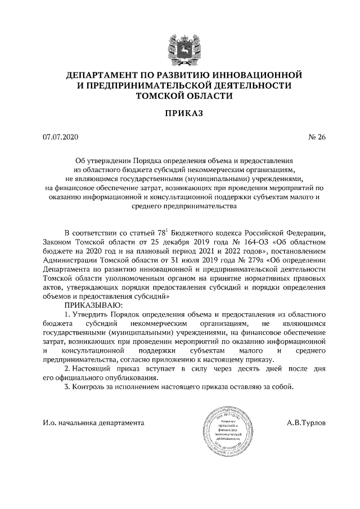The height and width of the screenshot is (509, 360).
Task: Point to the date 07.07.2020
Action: pyautogui.click(x=59, y=137)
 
